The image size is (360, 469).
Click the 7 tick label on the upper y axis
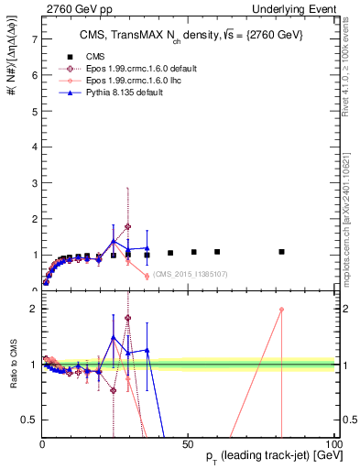34,39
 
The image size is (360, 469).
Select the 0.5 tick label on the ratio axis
29,420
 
